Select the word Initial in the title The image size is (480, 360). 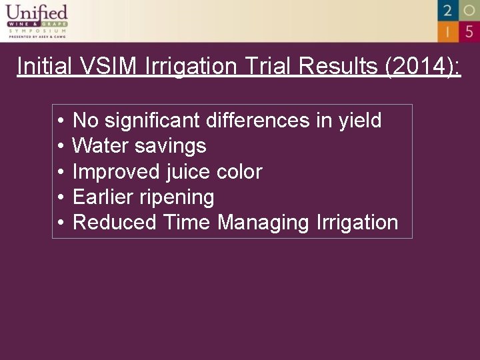45,66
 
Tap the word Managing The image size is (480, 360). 263,222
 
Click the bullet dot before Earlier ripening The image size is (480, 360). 60,197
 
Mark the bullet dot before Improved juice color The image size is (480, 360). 60,172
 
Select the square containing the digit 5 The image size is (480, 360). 469,31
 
